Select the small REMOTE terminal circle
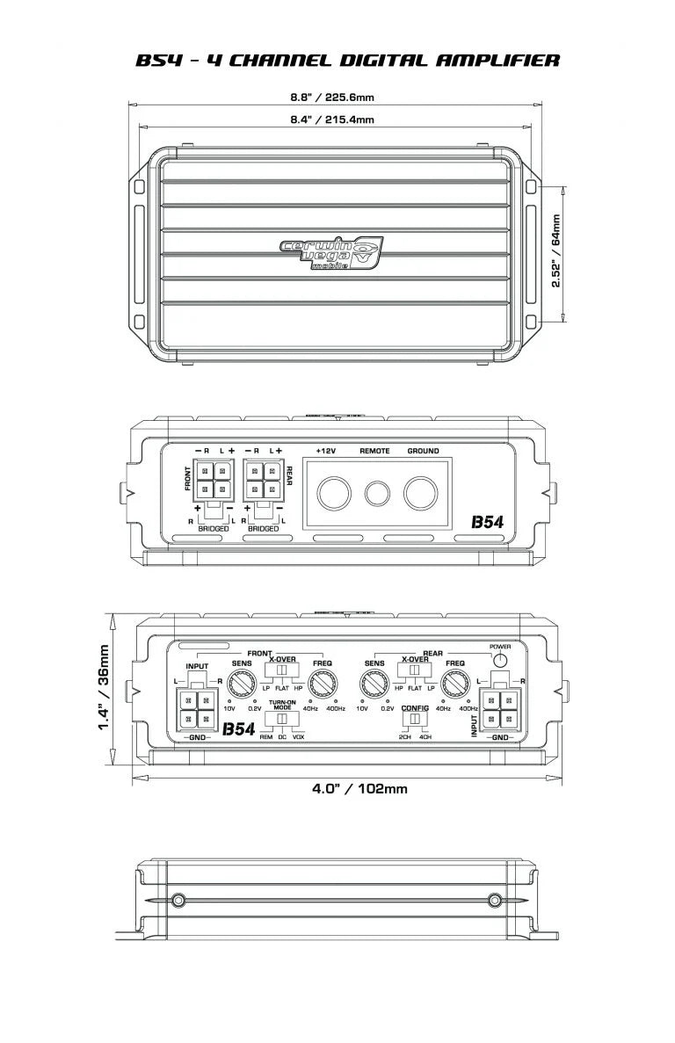378,493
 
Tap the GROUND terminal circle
422,493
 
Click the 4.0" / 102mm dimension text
359,788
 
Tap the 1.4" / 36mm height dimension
104,688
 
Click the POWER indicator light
499,661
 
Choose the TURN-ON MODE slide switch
282,719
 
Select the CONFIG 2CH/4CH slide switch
413,719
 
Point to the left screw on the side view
178,900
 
